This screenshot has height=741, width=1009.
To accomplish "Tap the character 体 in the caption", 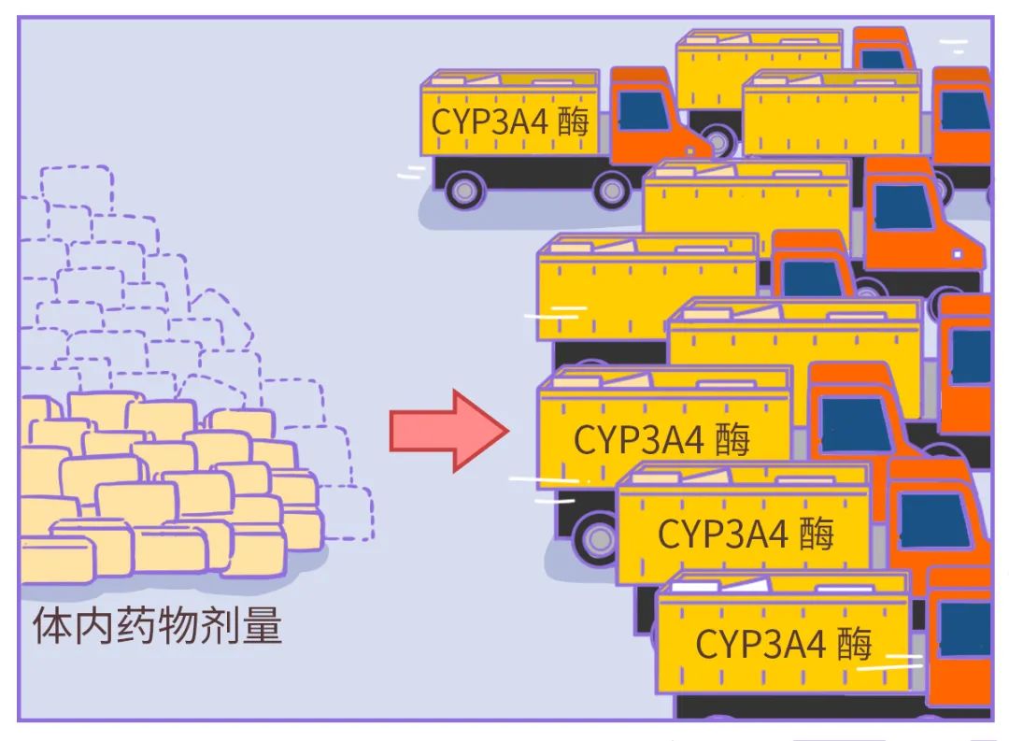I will click(x=51, y=627).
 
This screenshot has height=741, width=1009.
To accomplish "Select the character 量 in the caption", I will click(x=262, y=627).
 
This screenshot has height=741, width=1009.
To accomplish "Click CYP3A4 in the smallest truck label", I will click(x=488, y=122).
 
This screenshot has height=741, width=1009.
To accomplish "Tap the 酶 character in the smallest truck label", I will click(x=573, y=122).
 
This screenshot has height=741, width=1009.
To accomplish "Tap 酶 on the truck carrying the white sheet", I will click(x=854, y=644).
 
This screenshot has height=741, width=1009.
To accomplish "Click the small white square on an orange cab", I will click(x=957, y=253).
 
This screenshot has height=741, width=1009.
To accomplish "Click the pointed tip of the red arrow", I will click(x=506, y=430).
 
